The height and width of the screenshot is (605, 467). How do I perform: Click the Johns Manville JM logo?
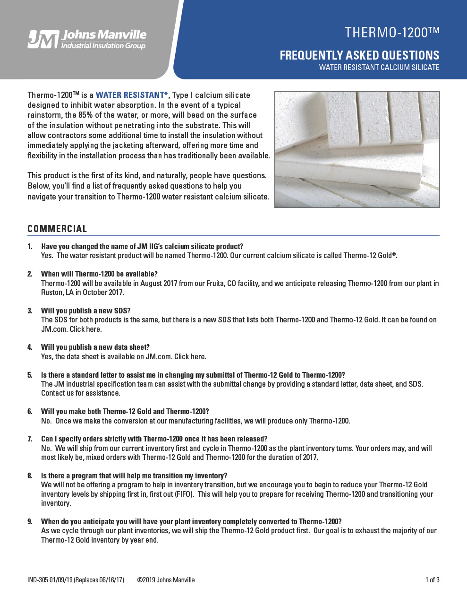(87, 39)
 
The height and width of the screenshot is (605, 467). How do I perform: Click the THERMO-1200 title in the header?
(391, 33)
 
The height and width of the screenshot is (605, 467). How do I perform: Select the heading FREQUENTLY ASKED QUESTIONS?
(359, 55)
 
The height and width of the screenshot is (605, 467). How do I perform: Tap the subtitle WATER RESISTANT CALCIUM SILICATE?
(379, 68)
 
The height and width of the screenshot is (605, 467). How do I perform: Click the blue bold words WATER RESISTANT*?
(132, 95)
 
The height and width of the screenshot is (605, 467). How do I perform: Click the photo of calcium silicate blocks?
(357, 149)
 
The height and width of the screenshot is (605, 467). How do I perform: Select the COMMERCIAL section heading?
(57, 229)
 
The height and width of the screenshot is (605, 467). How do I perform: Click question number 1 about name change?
(142, 246)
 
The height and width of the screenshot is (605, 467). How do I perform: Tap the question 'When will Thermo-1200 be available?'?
(99, 274)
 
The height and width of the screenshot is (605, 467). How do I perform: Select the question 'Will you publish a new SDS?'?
(85, 311)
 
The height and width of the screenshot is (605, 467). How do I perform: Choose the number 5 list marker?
(30, 375)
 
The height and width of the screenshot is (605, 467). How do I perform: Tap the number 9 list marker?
(30, 521)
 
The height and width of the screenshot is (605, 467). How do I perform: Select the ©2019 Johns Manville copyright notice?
(166, 580)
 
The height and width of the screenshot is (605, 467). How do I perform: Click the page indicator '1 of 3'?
(432, 580)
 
